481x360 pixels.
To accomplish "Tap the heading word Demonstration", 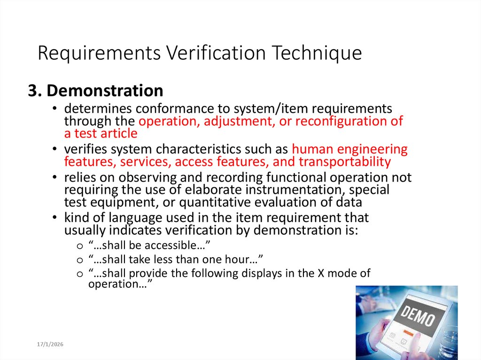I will coord(105,90).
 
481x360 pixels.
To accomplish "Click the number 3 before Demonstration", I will coord(32,90).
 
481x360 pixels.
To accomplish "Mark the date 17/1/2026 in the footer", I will coord(50,345).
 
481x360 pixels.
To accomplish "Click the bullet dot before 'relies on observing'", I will coord(55,178).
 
